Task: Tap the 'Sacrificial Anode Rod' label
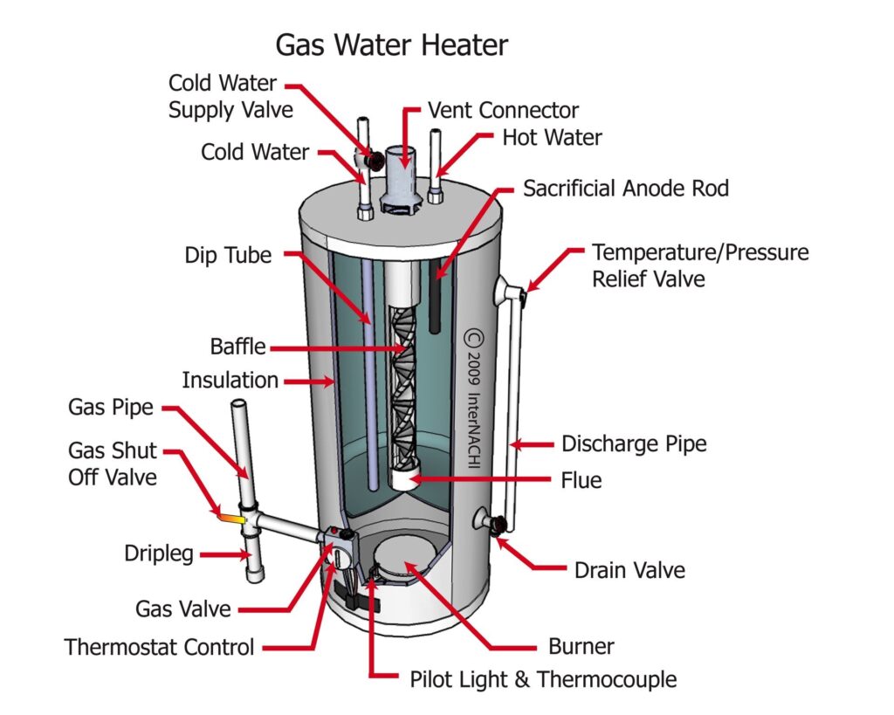click(x=625, y=188)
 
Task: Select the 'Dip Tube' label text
click(x=229, y=256)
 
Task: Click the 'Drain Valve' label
click(x=629, y=571)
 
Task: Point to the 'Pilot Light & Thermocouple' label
click(x=543, y=678)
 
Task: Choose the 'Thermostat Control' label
click(x=160, y=647)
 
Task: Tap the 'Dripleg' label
click(x=159, y=553)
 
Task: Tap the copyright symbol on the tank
click(x=473, y=336)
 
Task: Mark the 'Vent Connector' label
click(x=503, y=111)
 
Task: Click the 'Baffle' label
click(x=237, y=346)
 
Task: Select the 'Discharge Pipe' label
click(x=634, y=443)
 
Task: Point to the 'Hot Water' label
click(x=552, y=137)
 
